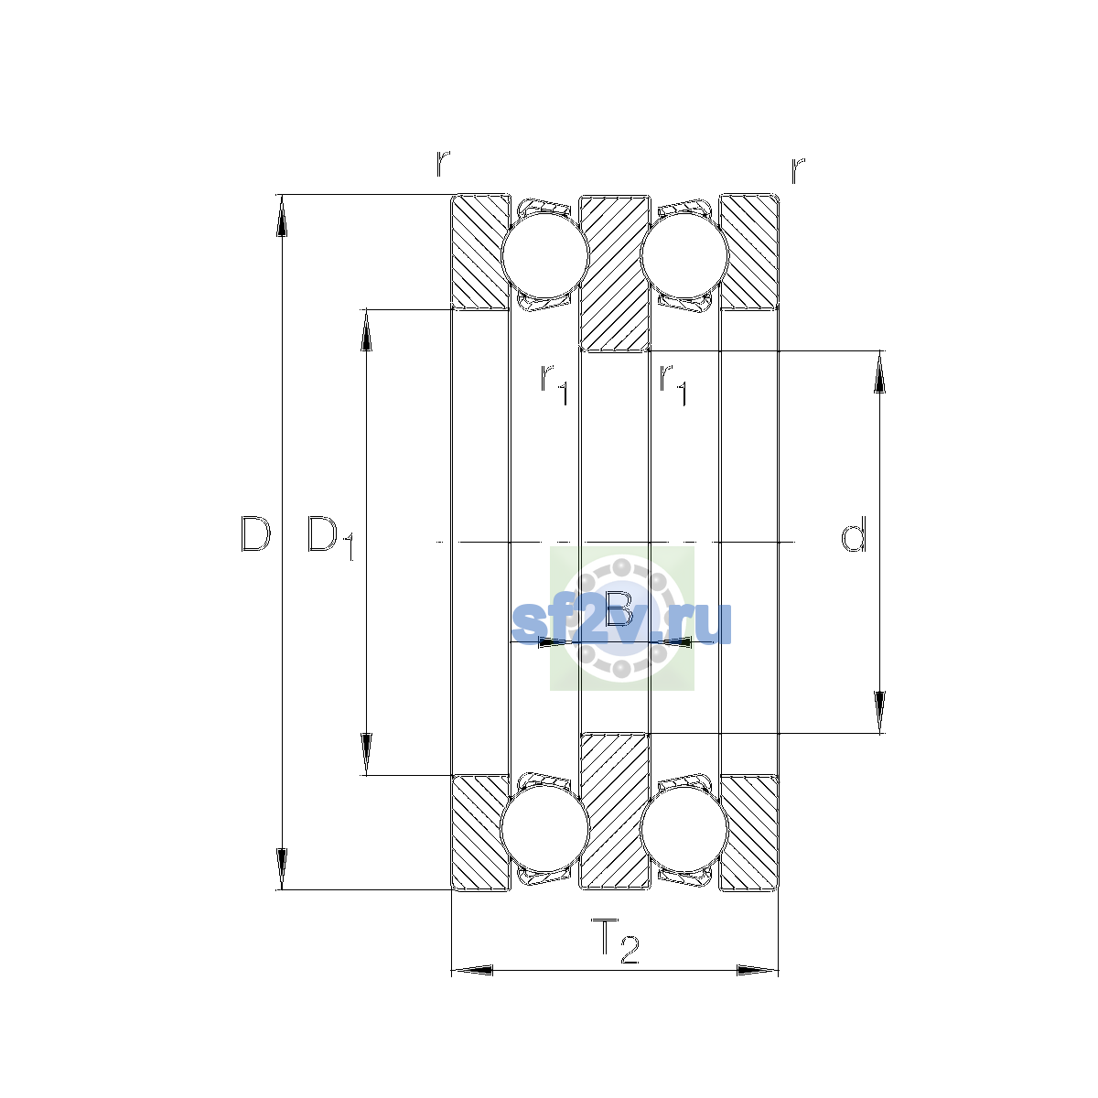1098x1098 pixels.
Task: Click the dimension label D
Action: pos(255,533)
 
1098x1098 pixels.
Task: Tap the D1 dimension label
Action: pos(330,538)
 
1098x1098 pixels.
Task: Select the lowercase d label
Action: pos(854,533)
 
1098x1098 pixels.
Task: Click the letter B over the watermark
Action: pos(619,608)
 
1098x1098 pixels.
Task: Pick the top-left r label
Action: pos(443,164)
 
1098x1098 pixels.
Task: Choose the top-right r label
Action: pos(798,170)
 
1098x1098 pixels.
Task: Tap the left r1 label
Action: pos(554,384)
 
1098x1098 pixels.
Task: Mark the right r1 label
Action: pos(673,385)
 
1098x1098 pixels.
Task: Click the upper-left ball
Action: pos(544,255)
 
